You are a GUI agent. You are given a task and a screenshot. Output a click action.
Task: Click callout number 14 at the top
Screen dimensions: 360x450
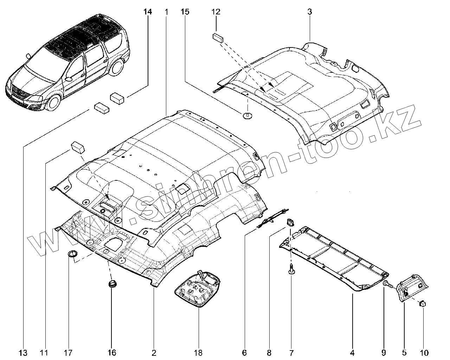pyautogui.click(x=148, y=12)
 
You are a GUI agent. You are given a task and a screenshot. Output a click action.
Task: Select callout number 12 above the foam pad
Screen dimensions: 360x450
pyautogui.click(x=216, y=12)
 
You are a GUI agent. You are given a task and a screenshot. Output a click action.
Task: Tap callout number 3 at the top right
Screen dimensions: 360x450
pyautogui.click(x=309, y=12)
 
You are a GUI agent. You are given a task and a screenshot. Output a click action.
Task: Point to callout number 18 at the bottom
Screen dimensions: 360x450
pyautogui.click(x=198, y=352)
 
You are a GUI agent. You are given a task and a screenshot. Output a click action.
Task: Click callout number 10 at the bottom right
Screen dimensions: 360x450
pyautogui.click(x=423, y=352)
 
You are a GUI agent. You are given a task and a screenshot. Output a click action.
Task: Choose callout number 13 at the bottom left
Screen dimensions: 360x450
pyautogui.click(x=24, y=352)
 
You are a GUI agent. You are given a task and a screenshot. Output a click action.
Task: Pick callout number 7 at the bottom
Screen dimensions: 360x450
pyautogui.click(x=291, y=352)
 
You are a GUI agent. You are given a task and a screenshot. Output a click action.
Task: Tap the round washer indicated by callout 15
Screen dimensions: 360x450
pyautogui.click(x=247, y=115)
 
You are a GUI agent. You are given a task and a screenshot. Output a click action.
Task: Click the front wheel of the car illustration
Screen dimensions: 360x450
pyautogui.click(x=54, y=101)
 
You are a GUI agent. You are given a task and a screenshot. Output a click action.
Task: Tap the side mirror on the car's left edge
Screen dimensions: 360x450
pyautogui.click(x=28, y=56)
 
